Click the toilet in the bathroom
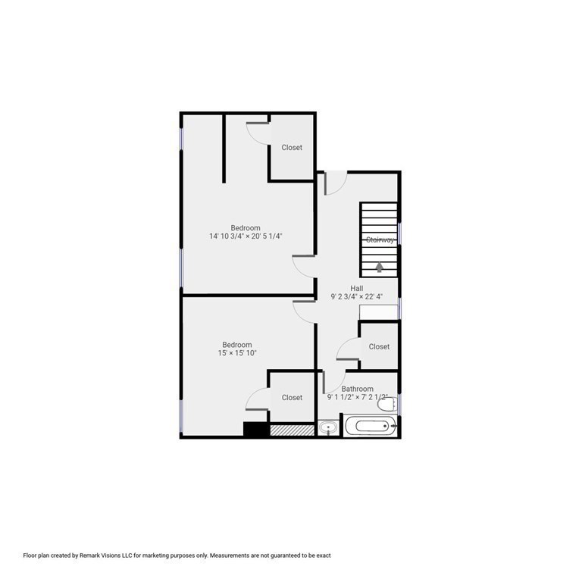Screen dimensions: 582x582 tap(387, 404)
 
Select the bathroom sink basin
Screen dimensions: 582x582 tap(327, 428)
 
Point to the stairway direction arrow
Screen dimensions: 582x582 tap(380, 266)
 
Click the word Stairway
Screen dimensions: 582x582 tap(380, 240)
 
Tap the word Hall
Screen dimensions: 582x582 tap(356, 288)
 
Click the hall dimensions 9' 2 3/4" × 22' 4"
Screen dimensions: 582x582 tap(357, 297)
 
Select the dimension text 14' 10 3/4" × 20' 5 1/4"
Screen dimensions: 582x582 tap(246, 236)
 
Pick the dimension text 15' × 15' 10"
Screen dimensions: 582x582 tap(236, 353)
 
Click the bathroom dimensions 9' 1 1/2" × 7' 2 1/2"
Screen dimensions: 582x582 tap(357, 397)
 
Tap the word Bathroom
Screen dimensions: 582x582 tap(357, 389)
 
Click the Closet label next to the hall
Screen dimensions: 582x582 tap(379, 346)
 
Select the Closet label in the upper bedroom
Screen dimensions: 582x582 tap(292, 148)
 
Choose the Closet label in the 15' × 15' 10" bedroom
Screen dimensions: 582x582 tap(292, 397)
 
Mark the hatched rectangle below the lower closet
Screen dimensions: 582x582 tap(291, 430)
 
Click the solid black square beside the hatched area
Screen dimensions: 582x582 tap(256, 429)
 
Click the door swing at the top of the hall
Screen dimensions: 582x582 tap(336, 182)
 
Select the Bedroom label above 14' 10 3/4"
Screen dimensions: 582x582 tap(246, 228)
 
